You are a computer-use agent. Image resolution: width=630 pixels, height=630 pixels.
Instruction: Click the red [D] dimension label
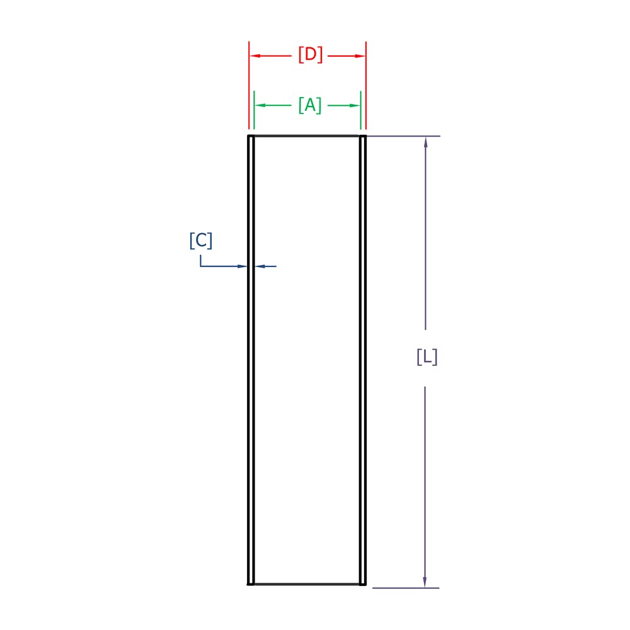pos(311,55)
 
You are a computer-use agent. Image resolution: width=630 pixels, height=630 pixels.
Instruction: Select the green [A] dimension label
pos(310,105)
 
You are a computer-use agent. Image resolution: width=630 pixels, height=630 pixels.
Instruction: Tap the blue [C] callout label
pos(201,241)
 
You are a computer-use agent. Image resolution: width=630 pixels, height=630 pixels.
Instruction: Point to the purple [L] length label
pos(427,357)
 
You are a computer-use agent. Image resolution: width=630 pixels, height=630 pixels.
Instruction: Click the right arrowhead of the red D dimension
pos(360,56)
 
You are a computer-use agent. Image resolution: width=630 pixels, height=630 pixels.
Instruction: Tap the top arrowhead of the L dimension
pos(426,142)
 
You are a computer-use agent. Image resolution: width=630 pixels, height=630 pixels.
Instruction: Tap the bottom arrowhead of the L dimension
pos(425,581)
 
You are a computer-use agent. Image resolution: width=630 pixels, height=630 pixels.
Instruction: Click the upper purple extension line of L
pos(403,136)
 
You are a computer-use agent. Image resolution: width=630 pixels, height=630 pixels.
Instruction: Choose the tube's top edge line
pos(307,135)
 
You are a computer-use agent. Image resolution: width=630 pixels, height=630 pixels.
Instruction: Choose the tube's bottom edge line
pos(307,584)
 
